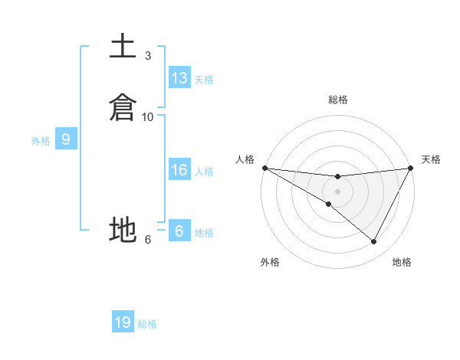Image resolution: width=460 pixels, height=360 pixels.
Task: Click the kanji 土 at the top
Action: [123, 47]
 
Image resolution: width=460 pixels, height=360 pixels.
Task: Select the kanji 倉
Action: [123, 107]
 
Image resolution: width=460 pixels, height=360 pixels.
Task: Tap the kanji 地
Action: [123, 229]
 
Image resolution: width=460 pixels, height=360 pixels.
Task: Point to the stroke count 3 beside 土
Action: [148, 56]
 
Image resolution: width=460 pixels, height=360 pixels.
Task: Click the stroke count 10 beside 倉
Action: [148, 116]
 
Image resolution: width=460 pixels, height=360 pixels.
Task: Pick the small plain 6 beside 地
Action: [148, 239]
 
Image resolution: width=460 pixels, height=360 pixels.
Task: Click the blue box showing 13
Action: [179, 78]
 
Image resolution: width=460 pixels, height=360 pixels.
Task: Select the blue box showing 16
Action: [179, 170]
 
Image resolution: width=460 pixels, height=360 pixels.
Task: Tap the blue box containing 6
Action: [179, 231]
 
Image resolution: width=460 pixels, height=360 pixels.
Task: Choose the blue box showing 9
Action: [66, 139]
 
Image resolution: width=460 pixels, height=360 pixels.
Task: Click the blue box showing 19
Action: [123, 322]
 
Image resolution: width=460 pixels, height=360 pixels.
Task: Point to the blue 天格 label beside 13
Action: [204, 80]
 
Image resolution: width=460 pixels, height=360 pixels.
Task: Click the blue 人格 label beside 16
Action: [204, 172]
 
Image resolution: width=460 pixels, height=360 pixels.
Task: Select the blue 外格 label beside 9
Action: [41, 141]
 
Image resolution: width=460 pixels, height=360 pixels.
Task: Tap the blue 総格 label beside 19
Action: [147, 324]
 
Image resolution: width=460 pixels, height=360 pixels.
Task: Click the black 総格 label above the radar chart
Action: [337, 100]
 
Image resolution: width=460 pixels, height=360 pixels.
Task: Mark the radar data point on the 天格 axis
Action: [410, 168]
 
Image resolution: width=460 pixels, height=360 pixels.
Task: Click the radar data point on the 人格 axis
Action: [264, 168]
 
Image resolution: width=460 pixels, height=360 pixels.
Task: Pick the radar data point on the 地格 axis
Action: [374, 241]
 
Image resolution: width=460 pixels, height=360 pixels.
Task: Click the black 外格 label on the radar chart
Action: [270, 262]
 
